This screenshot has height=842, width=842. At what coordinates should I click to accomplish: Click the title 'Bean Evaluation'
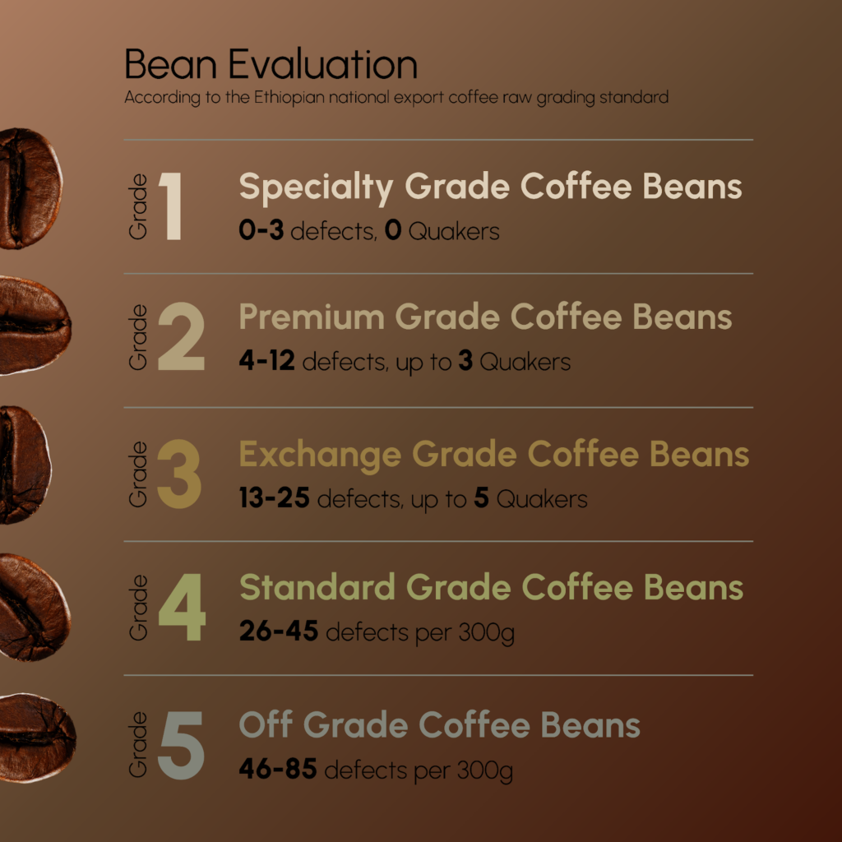[x=271, y=64]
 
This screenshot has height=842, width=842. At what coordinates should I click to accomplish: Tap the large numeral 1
[x=171, y=206]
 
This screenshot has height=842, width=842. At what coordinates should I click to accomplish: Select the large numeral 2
[x=182, y=336]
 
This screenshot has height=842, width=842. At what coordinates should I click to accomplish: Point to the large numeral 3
[x=179, y=474]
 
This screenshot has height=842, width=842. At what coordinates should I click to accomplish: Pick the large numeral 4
[x=182, y=607]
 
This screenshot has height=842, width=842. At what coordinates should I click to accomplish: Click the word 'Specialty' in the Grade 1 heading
[x=316, y=188]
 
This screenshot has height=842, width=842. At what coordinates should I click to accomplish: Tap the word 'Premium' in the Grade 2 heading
[x=312, y=317]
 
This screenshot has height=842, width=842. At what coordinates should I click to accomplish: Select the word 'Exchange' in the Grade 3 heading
[x=320, y=456]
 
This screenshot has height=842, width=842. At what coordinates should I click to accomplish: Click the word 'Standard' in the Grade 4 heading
[x=317, y=587]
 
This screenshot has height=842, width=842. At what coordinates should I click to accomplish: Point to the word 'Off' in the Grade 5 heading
[x=266, y=724]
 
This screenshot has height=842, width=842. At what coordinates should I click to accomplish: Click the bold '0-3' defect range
[x=261, y=230]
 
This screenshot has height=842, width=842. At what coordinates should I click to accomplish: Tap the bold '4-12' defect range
[x=267, y=360]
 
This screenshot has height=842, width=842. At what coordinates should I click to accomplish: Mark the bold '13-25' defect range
[x=275, y=497]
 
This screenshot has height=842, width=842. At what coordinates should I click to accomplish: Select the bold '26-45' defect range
[x=279, y=631]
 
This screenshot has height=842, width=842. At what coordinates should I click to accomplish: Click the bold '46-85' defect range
[x=278, y=769]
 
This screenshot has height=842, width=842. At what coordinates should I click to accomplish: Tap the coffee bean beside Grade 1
[x=30, y=188]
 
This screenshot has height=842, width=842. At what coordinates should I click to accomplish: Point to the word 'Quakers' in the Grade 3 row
[x=542, y=499]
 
